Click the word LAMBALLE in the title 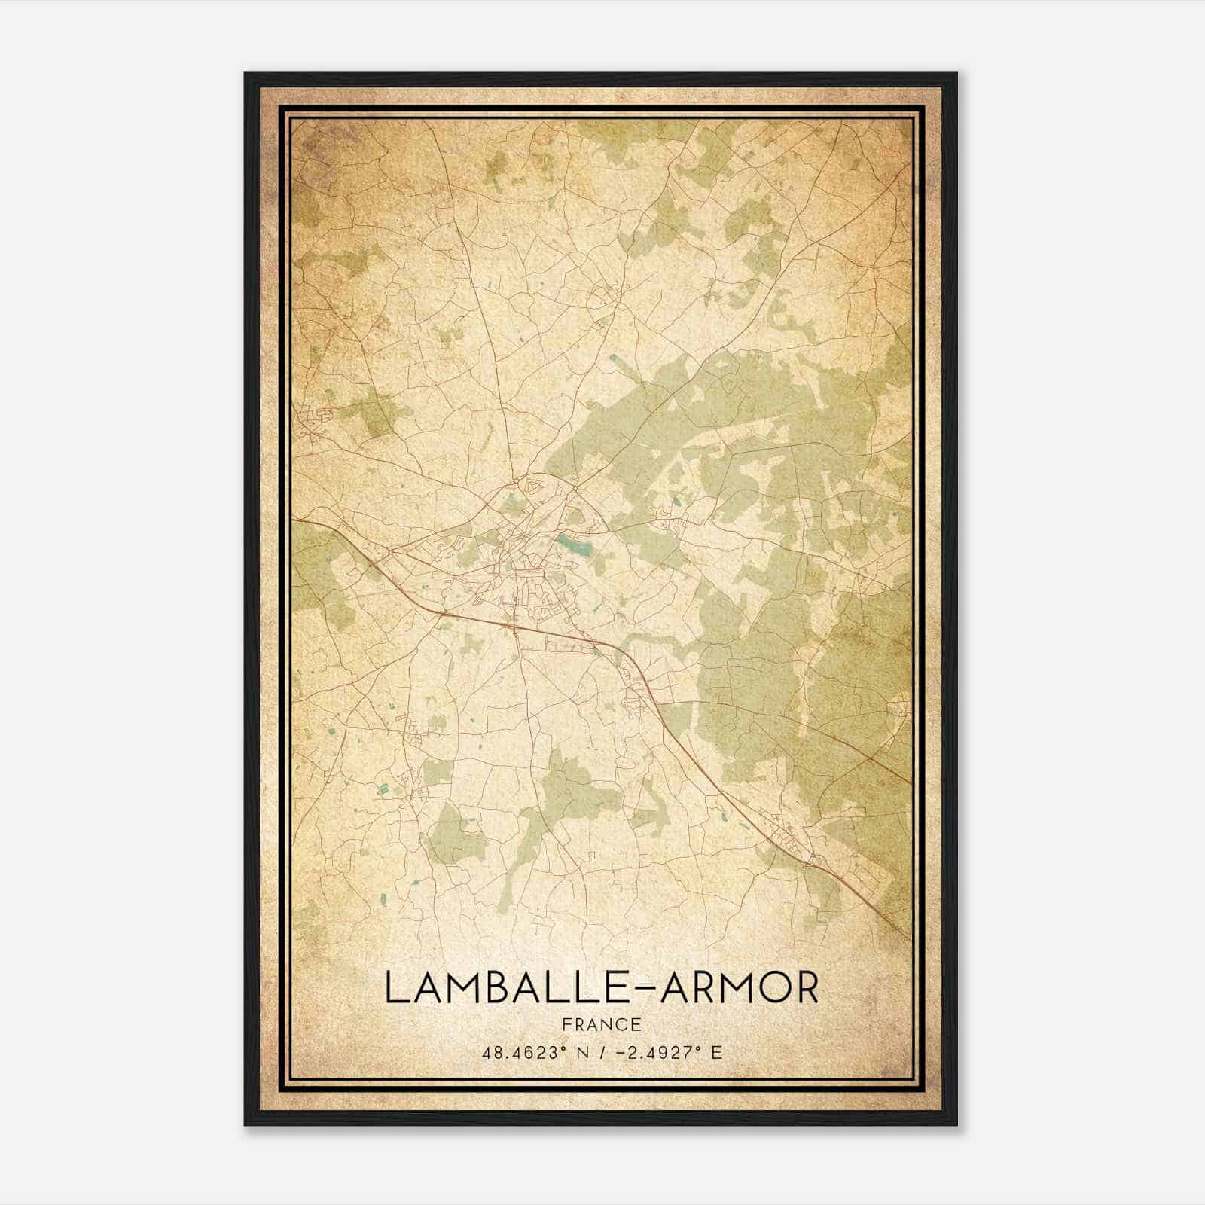point(502,987)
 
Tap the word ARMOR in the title point(740,987)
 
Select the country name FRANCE point(602,1024)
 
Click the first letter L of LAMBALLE point(395,987)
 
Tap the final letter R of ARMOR point(805,987)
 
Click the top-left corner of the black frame point(246,74)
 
